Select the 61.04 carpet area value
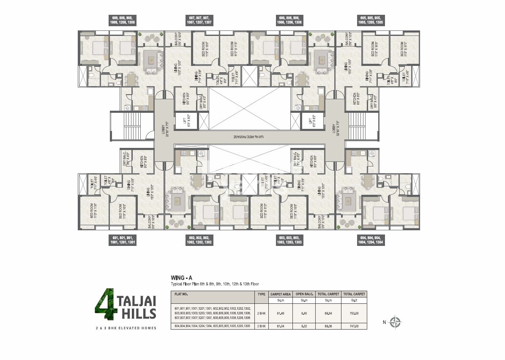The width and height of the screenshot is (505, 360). (280, 326)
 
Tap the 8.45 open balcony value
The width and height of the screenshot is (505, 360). (304, 313)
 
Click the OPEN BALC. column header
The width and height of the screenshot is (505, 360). (304, 294)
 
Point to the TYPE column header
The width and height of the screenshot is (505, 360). (261, 294)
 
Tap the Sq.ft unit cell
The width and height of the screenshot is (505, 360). (354, 300)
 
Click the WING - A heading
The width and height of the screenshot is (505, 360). (182, 278)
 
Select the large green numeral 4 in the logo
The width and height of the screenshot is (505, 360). (104, 305)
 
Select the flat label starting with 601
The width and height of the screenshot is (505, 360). (122, 240)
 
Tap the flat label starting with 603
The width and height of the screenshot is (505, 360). (289, 240)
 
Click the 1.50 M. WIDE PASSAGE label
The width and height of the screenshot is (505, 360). (245, 137)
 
